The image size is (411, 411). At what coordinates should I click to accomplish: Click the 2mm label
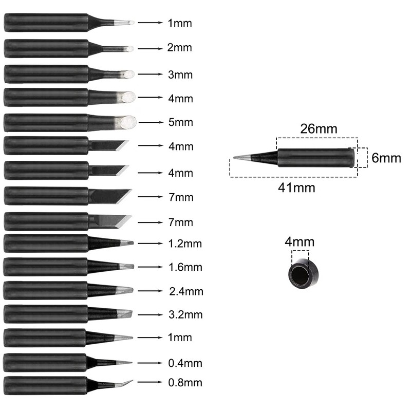pyautogui.click(x=179, y=48)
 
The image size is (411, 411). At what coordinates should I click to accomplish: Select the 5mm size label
pyautogui.click(x=179, y=122)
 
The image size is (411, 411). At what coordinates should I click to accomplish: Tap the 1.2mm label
pyautogui.click(x=185, y=243)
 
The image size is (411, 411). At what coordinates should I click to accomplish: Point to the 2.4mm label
pyautogui.click(x=186, y=291)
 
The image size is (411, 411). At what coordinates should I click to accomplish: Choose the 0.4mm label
pyautogui.click(x=185, y=363)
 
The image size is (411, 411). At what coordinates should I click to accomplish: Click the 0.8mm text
pyautogui.click(x=185, y=382)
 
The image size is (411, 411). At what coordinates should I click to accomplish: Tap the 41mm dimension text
pyautogui.click(x=296, y=188)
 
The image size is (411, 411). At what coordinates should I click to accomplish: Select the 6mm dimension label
pyautogui.click(x=386, y=158)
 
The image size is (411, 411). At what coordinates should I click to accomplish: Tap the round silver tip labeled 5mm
pyautogui.click(x=127, y=122)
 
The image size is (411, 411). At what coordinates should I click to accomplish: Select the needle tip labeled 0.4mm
pyautogui.click(x=124, y=363)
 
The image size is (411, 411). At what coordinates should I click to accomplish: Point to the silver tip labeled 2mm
pyautogui.click(x=128, y=49)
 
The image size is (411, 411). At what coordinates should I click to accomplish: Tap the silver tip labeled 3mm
pyautogui.click(x=128, y=74)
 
